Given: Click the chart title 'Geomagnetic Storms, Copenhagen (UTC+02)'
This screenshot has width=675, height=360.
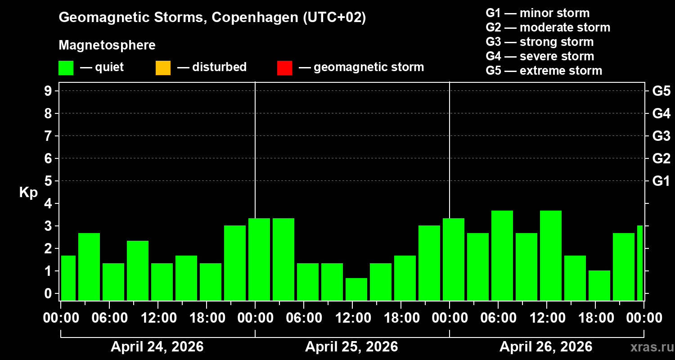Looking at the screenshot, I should (212, 18).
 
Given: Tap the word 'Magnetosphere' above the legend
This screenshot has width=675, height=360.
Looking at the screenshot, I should (107, 45).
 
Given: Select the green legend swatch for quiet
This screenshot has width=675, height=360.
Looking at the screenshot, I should (66, 68).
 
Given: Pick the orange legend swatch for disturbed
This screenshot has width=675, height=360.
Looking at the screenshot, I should (163, 68).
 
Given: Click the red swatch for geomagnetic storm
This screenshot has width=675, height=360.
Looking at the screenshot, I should (284, 68).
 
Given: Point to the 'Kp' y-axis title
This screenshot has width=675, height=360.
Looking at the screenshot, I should (28, 193).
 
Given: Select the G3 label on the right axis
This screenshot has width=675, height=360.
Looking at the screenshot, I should (661, 136).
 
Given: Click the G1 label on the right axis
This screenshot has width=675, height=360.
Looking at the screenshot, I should (661, 181).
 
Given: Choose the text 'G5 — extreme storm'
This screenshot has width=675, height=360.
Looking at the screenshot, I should (544, 71).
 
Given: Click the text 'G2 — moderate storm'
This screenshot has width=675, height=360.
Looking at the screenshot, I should (548, 27).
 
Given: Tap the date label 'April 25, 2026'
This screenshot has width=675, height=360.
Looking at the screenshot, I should (351, 347).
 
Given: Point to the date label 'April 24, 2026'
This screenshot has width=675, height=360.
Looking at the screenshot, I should (157, 347).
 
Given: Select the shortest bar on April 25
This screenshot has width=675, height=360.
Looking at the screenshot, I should (356, 289).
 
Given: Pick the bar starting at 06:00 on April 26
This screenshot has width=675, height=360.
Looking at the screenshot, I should (502, 255).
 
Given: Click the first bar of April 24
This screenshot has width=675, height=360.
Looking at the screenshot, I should (68, 278).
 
